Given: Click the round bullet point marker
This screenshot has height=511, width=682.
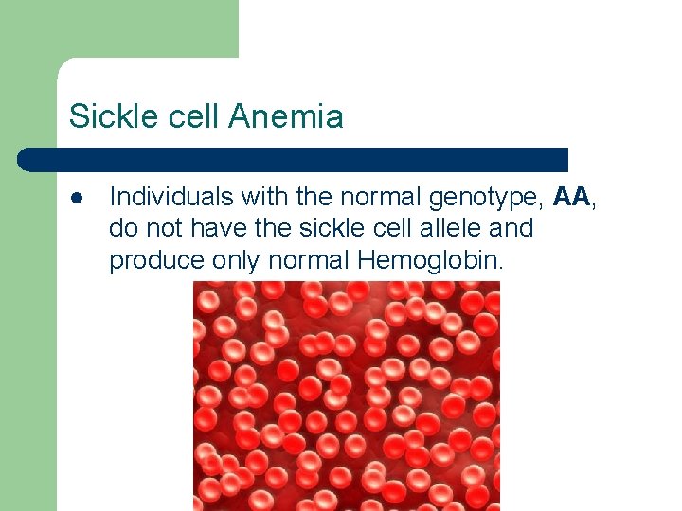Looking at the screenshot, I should pyautogui.click(x=76, y=197).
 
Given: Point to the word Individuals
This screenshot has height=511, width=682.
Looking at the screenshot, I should pyautogui.click(x=171, y=197).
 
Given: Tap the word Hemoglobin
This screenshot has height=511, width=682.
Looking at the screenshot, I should pyautogui.click(x=429, y=260).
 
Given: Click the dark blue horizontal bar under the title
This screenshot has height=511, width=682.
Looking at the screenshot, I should pyautogui.click(x=294, y=159).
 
